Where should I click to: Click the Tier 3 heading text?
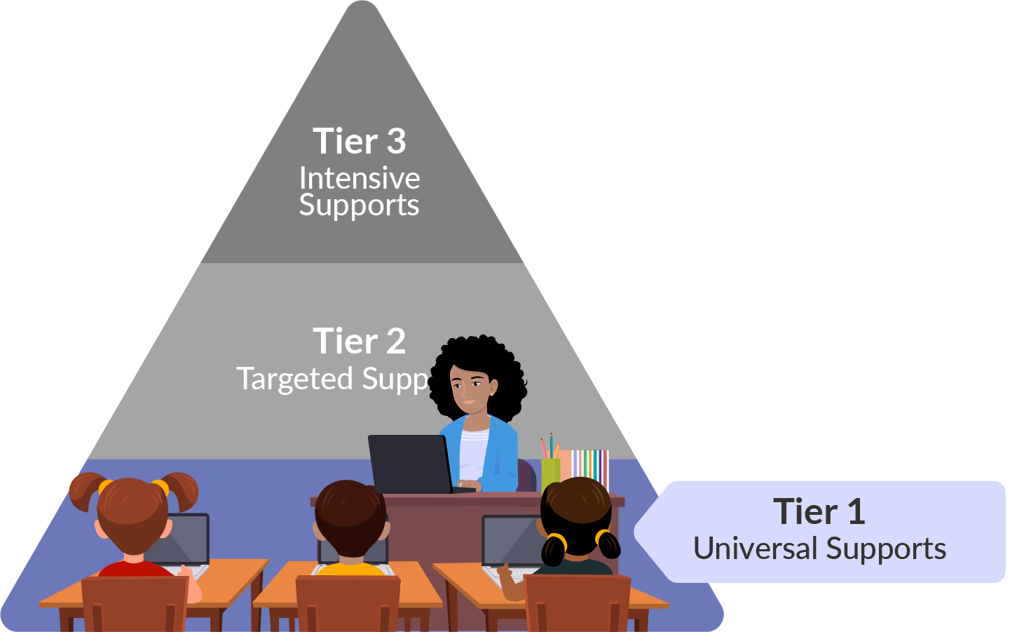pos(359,141)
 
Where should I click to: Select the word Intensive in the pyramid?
pos(359,178)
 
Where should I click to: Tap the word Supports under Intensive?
pos(359,206)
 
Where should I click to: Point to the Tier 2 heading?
pos(359,342)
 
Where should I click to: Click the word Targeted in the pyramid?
pos(294,379)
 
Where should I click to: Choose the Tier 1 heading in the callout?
pos(819,511)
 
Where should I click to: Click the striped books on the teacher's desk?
pos(589,466)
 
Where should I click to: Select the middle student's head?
pos(348,516)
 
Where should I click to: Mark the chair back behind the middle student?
pos(348,603)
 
